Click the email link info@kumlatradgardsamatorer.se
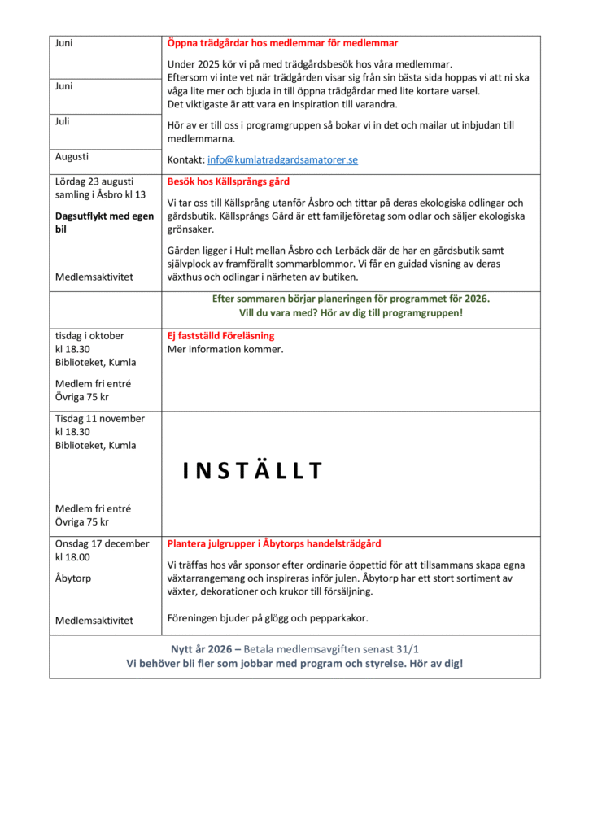[x=282, y=160]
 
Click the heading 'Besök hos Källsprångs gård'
[x=229, y=181]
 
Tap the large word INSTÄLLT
[x=253, y=471]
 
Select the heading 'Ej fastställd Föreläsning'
[x=220, y=335]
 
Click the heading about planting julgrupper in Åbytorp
[x=274, y=543]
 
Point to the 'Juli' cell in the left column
[x=63, y=122]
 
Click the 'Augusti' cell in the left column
[x=72, y=156]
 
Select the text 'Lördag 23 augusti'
[x=94, y=181]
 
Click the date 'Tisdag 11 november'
[x=100, y=419]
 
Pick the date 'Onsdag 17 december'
[x=103, y=543]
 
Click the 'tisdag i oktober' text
[x=89, y=335]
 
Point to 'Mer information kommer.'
[x=225, y=349]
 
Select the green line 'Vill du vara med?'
[x=351, y=312]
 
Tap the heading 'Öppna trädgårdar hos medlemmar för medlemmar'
[x=282, y=43]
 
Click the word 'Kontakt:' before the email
[x=185, y=160]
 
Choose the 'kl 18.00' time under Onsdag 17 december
[x=72, y=557]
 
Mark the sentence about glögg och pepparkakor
[x=268, y=617]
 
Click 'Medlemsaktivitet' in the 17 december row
[x=94, y=621]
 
